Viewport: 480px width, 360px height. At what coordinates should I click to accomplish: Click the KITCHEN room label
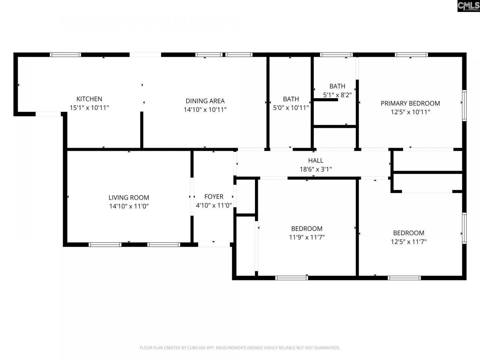[x=89, y=99]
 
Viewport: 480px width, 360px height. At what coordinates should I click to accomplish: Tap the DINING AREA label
[x=205, y=101]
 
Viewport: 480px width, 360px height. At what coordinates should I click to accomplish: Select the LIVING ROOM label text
[x=129, y=198]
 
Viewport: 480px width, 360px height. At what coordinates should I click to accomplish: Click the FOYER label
[x=214, y=196]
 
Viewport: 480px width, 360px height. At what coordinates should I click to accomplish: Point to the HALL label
[x=315, y=160]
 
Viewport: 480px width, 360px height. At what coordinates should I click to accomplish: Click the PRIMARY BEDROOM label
[x=410, y=103]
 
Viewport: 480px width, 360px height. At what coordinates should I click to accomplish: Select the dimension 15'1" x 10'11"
[x=89, y=108]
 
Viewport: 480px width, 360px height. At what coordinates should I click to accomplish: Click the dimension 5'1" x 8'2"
[x=337, y=95]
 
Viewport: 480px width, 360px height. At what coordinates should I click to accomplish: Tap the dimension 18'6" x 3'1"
[x=315, y=169]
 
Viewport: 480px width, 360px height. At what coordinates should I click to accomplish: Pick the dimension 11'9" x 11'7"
[x=307, y=237]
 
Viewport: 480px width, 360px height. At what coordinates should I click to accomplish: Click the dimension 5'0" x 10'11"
[x=291, y=108]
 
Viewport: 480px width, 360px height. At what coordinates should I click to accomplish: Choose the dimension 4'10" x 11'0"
[x=214, y=205]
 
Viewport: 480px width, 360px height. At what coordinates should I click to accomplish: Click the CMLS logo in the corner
[x=468, y=6]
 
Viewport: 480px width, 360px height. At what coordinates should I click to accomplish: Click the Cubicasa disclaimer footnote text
[x=240, y=348]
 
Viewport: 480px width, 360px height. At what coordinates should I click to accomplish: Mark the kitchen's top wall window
[x=66, y=55]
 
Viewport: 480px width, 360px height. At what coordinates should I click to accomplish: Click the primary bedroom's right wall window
[x=464, y=105]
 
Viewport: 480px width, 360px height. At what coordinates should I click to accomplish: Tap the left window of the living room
[x=105, y=244]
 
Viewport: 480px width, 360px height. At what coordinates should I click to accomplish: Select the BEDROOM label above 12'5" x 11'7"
[x=408, y=233]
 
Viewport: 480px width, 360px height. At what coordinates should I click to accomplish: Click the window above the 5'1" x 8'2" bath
[x=336, y=55]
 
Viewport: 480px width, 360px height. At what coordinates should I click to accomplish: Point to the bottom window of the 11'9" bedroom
[x=291, y=278]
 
